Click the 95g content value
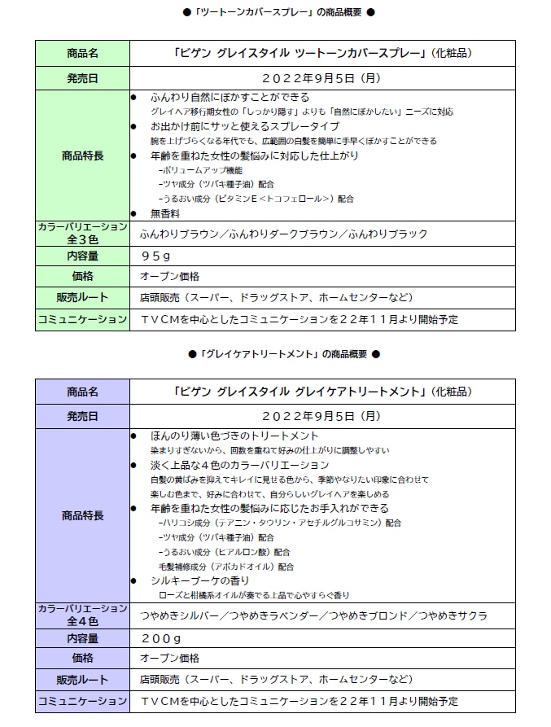[155, 255]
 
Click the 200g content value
[160, 637]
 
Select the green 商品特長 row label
[82, 155]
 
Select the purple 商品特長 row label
[82, 515]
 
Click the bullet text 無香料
[164, 213]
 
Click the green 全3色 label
[82, 240]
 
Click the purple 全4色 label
[82, 622]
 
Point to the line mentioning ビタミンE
[256, 198]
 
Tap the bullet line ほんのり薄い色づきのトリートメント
[234, 436]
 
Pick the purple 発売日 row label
[82, 416]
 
